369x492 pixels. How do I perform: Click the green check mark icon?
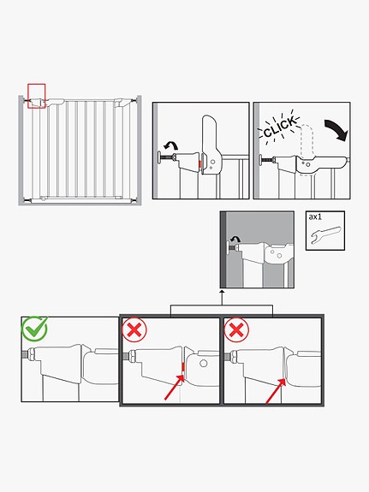(34, 329)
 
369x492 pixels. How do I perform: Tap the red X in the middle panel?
(134, 329)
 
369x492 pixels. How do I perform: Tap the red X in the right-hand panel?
(236, 329)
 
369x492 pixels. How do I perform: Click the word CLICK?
(279, 127)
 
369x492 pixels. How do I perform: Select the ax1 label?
(315, 216)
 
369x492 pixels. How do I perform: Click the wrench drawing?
(325, 234)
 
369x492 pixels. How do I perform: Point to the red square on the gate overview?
(37, 96)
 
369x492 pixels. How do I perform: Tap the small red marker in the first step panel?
(199, 165)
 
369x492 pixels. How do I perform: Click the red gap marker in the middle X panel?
(182, 366)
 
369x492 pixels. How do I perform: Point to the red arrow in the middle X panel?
(175, 387)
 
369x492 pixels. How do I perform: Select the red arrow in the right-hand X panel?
(276, 391)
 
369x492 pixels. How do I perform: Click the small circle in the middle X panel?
(204, 364)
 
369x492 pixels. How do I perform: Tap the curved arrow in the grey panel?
(235, 240)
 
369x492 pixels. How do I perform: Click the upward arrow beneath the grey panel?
(222, 297)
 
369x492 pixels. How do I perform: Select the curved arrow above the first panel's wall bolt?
(171, 145)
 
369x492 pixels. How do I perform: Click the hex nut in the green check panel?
(32, 354)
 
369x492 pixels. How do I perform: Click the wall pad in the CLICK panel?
(260, 160)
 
